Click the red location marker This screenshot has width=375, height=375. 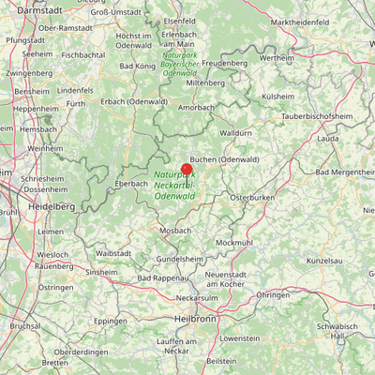tap(187, 170)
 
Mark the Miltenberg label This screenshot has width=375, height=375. tap(205, 82)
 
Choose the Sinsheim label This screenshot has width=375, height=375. tap(101, 272)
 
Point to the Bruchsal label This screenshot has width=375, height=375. tap(25, 326)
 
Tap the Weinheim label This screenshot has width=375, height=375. tap(45, 148)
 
